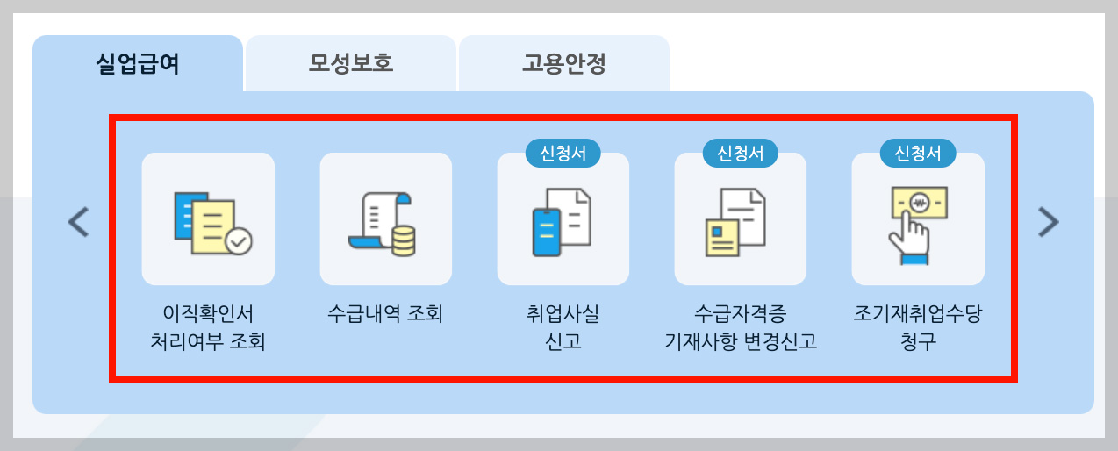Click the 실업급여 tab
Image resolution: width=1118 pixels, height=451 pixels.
pos(137,64)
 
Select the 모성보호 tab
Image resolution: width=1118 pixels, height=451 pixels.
pos(351,64)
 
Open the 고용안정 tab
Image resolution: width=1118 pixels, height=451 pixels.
pos(564,64)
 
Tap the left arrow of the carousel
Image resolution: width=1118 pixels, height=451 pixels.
pos(78,222)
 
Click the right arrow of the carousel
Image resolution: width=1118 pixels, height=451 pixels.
pos(1048,222)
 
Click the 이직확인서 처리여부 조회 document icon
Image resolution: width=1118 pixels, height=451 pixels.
pos(208,219)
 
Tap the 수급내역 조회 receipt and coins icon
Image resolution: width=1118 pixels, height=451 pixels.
pos(385,219)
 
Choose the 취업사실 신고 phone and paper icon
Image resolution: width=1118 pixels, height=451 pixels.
pos(563,219)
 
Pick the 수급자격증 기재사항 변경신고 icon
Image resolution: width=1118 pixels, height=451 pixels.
pos(740,219)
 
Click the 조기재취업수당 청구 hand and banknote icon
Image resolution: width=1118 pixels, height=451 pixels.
pos(917,219)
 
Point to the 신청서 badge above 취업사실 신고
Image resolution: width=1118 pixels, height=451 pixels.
pos(563,154)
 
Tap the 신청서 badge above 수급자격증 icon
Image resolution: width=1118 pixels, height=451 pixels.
pos(740,154)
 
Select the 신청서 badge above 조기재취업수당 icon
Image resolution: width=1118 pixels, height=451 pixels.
pos(917,154)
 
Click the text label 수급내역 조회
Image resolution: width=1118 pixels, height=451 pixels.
pos(385,314)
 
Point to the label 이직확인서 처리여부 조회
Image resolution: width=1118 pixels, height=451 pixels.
pos(208,327)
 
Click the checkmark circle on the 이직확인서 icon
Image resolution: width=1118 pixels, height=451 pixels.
pos(238,240)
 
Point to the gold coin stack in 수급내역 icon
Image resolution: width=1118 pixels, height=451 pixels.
pos(404,240)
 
